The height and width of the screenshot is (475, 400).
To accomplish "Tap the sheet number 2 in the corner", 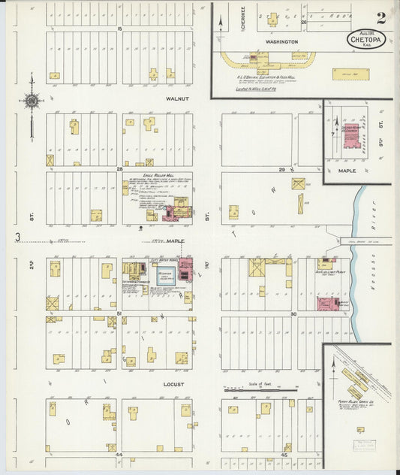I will tap(382, 17).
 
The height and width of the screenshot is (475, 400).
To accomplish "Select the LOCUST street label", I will tap(173, 383).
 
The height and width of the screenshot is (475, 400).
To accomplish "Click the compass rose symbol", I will tap(32, 100).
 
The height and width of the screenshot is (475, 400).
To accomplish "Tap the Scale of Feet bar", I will tap(260, 390).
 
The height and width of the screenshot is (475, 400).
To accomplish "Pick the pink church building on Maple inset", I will tap(350, 136).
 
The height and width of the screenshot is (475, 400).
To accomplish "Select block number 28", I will tap(119, 170).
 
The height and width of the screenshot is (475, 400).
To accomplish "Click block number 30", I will tap(294, 313).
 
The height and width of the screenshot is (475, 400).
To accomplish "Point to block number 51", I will tap(119, 313).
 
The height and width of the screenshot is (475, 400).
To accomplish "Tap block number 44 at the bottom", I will tap(119, 455).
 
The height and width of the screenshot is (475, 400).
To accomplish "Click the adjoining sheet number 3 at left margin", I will tap(17, 238).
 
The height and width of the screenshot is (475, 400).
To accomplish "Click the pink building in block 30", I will tap(327, 303).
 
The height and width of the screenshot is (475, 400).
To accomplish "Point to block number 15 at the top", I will tap(119, 28).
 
